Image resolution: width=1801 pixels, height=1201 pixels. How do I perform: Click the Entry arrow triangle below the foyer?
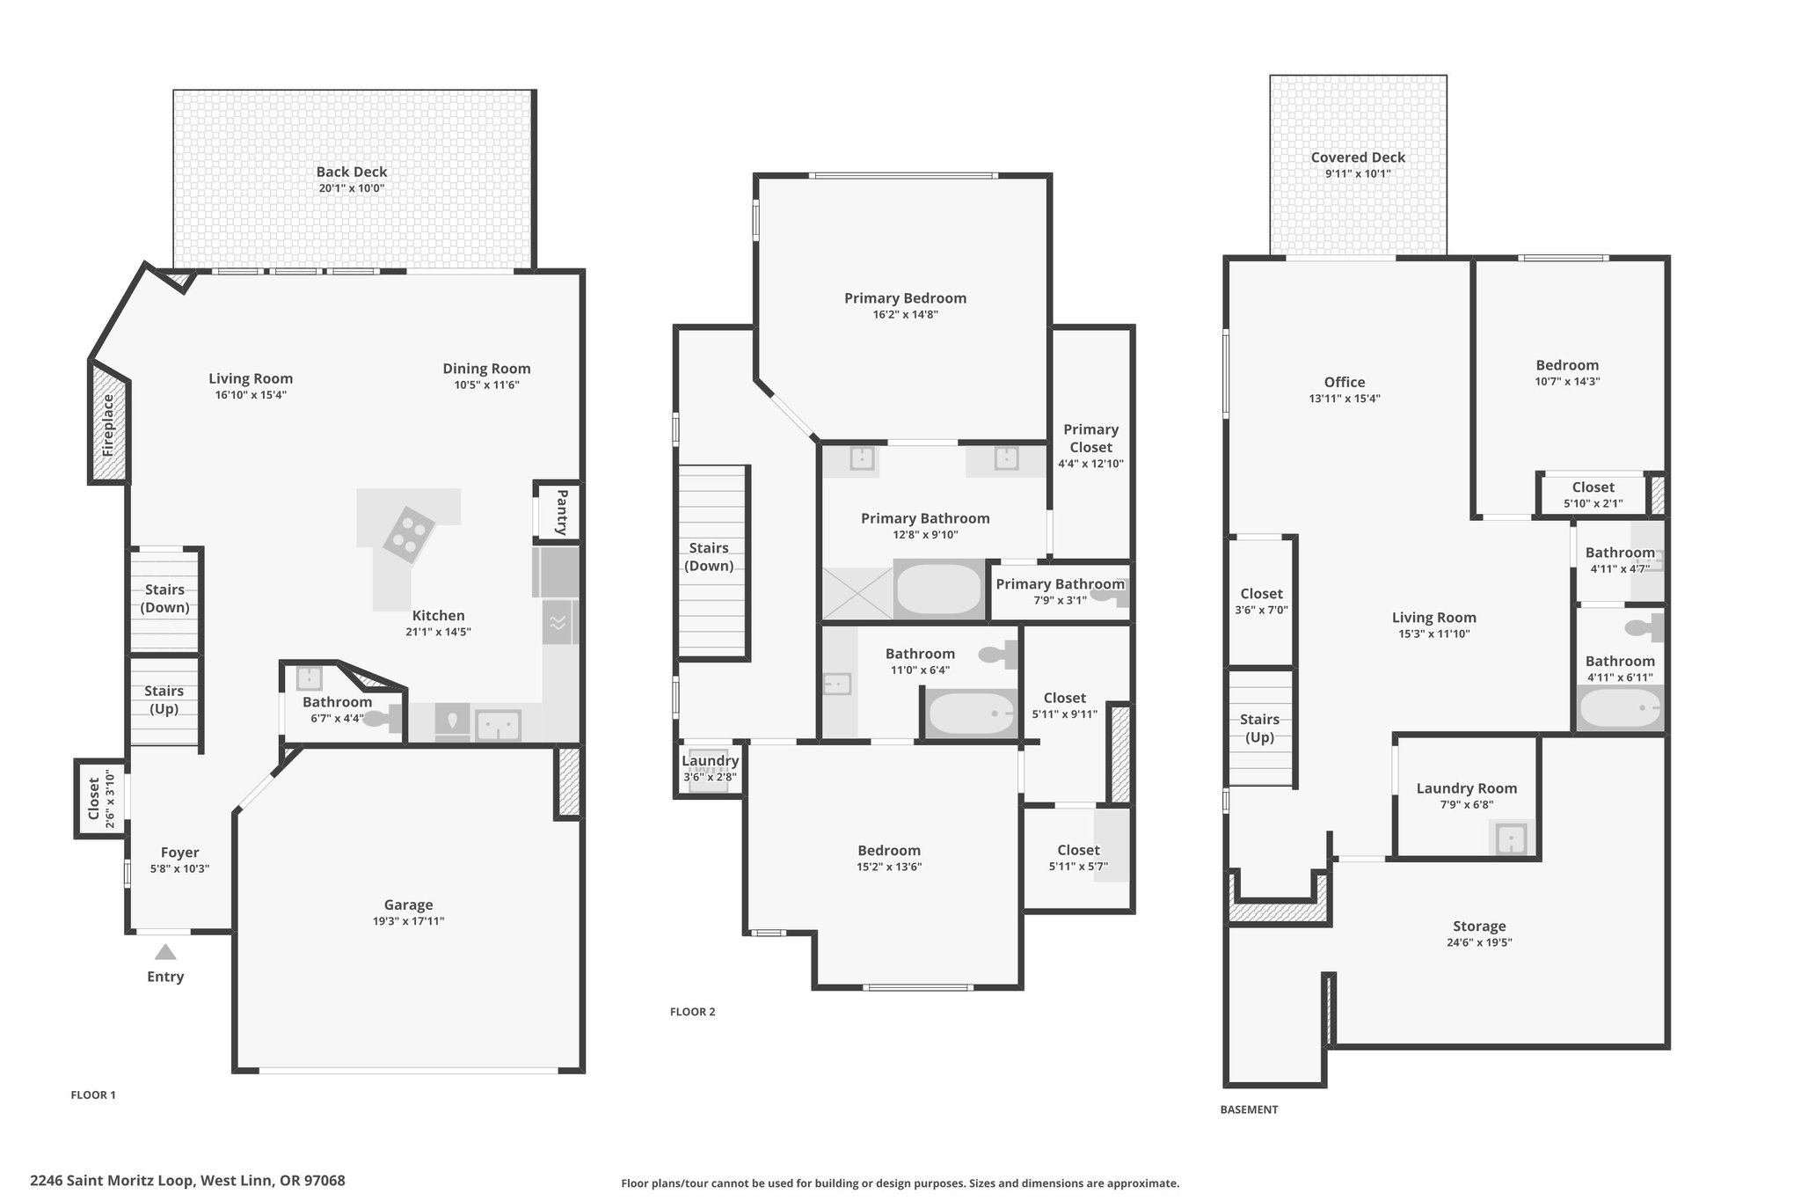(x=165, y=952)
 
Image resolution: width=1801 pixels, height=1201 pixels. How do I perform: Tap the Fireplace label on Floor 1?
(x=108, y=425)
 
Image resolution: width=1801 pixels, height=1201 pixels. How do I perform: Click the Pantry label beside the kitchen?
(x=562, y=511)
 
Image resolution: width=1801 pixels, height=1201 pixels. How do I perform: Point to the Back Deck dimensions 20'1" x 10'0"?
(x=352, y=188)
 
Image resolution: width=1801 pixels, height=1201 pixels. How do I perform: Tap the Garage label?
(x=408, y=904)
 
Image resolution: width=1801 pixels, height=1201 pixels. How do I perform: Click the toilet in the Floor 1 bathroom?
(x=380, y=720)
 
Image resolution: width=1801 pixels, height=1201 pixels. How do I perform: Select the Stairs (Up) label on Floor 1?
(x=164, y=699)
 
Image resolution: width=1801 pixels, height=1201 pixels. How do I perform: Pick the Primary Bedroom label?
(x=905, y=298)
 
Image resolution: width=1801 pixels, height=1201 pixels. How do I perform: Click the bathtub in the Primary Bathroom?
(x=938, y=589)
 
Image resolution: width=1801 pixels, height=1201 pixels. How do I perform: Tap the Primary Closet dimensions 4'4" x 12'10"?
(x=1090, y=464)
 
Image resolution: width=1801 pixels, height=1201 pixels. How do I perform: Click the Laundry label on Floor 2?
(x=711, y=761)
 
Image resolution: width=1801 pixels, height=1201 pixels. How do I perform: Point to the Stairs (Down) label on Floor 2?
(x=709, y=557)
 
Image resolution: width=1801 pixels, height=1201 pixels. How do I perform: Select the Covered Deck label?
(x=1358, y=157)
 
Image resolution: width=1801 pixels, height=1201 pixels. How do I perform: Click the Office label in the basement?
(x=1345, y=382)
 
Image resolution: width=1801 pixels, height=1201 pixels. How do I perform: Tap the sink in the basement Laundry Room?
(x=1511, y=838)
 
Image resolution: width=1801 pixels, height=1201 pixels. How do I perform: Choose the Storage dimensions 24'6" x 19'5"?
(x=1479, y=942)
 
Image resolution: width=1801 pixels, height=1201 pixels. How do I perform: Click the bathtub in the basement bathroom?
(x=1620, y=707)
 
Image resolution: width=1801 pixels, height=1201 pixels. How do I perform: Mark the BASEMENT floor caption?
(x=1249, y=1109)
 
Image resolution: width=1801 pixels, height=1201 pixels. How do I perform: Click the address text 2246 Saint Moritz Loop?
(x=113, y=1181)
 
